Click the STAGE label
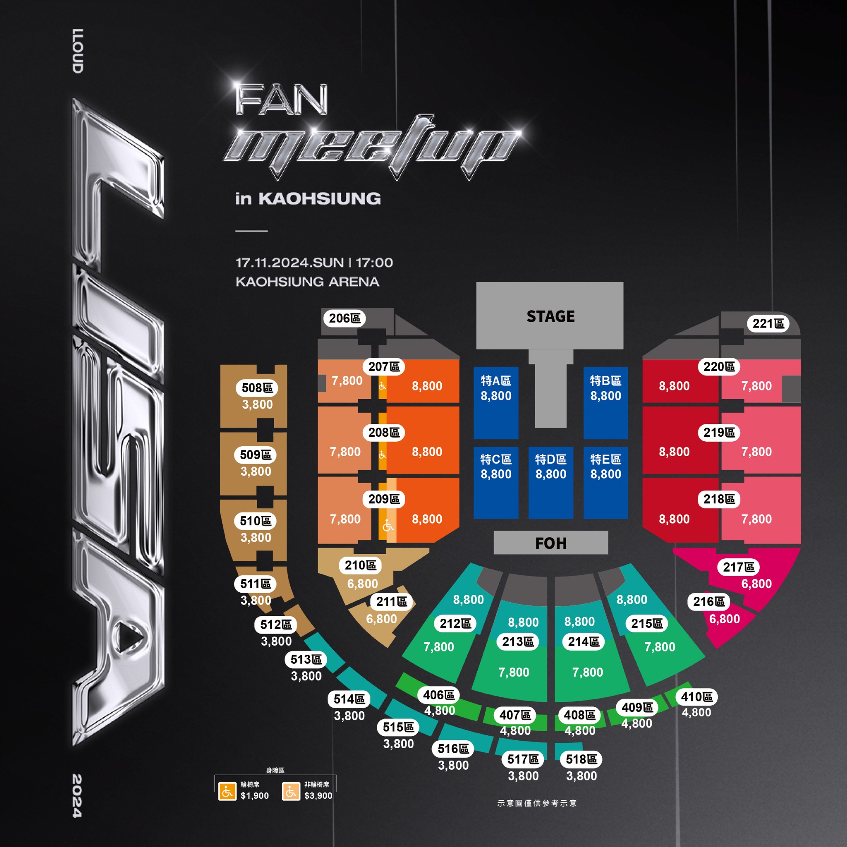point(550,316)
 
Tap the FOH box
point(550,543)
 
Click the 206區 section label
point(345,318)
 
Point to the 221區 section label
point(768,323)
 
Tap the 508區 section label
point(257,388)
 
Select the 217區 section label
point(738,567)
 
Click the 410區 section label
point(696,696)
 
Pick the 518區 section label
point(581,759)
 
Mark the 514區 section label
point(349,699)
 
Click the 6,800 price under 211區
point(381,619)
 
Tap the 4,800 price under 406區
point(439,710)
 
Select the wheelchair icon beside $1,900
point(227,791)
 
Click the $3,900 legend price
point(318,796)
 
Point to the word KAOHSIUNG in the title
point(319,199)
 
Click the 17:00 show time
point(374,263)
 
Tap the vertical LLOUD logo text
point(78,51)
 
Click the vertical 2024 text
point(77,796)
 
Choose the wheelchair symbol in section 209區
point(388,525)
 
